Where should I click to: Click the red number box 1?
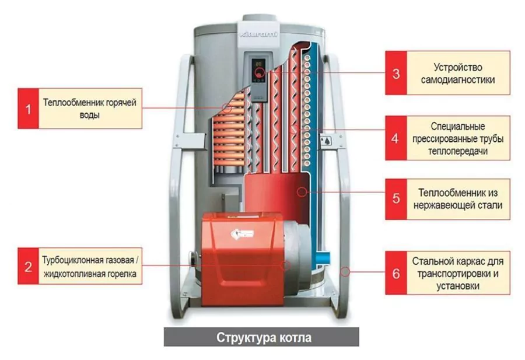27,108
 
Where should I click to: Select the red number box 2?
27,266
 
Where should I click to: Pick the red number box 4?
396,139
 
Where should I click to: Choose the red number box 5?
396,198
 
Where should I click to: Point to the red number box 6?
396,272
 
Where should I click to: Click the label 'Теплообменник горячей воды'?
89,108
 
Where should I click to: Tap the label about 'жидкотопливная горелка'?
89,266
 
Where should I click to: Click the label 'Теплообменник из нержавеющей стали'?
458,198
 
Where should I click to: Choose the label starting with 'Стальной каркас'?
458,272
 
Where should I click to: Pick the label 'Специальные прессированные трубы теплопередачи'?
458,139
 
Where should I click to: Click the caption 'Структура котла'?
264,338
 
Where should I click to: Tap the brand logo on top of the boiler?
260,36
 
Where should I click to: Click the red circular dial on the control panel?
259,73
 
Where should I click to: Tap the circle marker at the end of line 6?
345,271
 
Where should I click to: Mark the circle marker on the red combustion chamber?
301,191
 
